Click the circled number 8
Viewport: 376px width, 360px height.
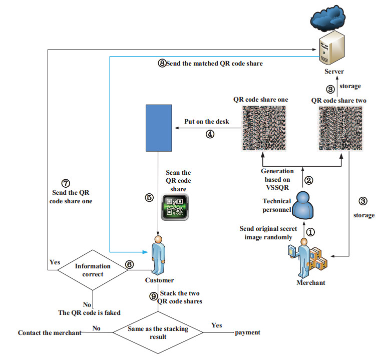coord(161,64)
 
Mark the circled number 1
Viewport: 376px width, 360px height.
coord(311,232)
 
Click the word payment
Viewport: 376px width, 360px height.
coord(247,332)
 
